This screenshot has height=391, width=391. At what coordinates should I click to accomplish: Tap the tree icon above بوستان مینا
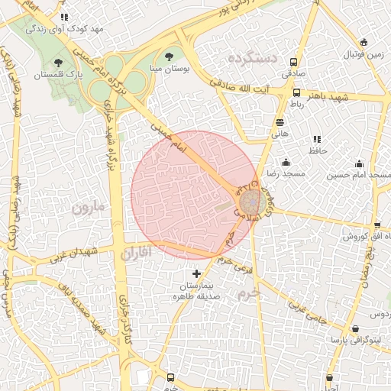click(169, 56)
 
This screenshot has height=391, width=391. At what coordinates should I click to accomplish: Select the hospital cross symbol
click(196, 273)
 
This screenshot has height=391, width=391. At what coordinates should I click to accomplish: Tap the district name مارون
click(86, 208)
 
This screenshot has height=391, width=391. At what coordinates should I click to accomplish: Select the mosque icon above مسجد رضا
click(286, 162)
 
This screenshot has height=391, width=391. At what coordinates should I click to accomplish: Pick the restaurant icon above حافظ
click(316, 139)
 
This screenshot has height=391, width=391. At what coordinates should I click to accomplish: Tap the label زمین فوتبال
click(364, 56)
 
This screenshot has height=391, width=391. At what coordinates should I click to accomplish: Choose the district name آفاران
click(137, 252)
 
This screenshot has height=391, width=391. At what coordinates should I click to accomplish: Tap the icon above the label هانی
click(280, 121)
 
